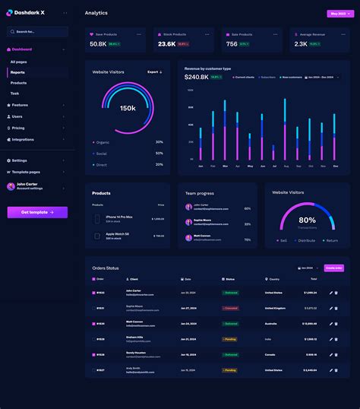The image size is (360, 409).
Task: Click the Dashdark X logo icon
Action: (x=10, y=12)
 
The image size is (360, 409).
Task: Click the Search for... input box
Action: (x=37, y=32)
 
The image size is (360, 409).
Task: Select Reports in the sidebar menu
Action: (x=17, y=72)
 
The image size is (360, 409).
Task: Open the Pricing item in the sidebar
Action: (x=18, y=128)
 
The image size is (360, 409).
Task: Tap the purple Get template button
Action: (x=37, y=212)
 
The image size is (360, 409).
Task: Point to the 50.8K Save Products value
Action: (x=98, y=44)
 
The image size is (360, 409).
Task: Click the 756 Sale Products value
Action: (x=232, y=44)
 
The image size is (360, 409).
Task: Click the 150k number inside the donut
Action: (x=128, y=108)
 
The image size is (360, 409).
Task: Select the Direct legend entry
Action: (x=102, y=164)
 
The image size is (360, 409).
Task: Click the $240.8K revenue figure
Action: (x=196, y=77)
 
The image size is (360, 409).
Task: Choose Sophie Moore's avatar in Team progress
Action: (x=188, y=222)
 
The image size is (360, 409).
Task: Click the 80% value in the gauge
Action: (x=307, y=220)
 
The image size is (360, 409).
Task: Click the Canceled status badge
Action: (x=230, y=308)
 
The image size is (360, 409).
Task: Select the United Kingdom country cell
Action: (x=275, y=308)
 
